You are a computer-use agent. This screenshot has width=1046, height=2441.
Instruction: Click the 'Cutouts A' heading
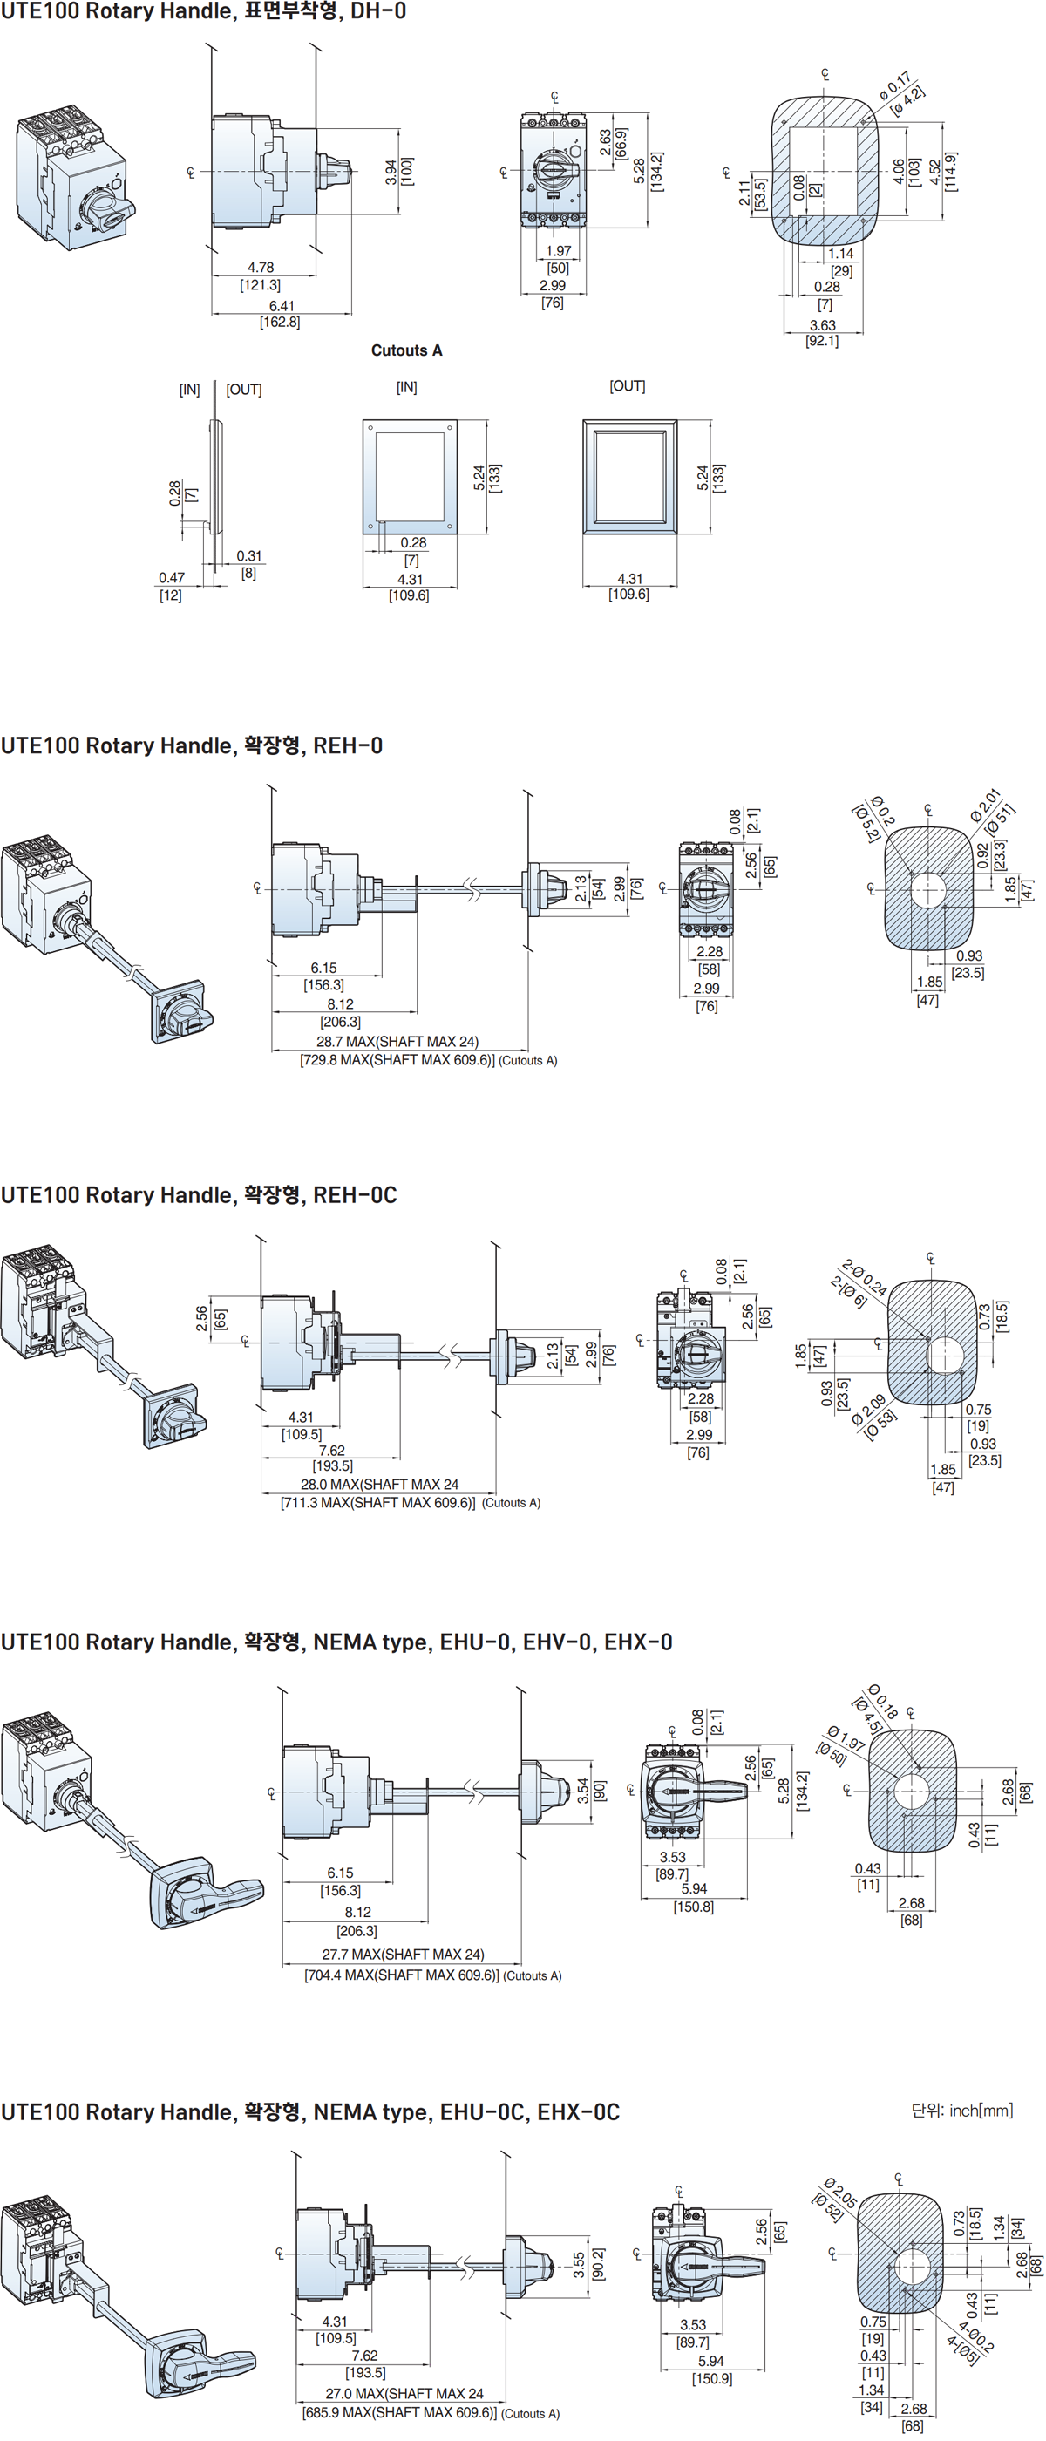coord(406,350)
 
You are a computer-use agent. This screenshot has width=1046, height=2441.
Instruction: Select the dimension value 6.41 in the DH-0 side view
coord(282,306)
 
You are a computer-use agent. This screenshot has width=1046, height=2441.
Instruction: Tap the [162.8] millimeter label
coord(280,323)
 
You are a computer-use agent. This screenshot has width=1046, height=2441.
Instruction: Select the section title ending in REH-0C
coord(199,1195)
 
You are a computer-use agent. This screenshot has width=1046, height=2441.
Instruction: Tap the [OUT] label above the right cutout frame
coord(628,385)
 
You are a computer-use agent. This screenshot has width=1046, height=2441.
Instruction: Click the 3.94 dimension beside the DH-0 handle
coord(391,172)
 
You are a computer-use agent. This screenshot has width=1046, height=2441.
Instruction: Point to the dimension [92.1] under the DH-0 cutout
coord(821,340)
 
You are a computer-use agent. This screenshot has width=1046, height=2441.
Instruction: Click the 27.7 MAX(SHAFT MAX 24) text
coord(403,1954)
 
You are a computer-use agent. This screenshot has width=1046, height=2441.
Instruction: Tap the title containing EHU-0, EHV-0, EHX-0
coord(336,1642)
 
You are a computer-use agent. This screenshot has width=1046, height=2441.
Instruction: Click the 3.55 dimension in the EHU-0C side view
coord(578,2265)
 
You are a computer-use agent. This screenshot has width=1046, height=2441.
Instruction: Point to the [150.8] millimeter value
coord(694,1907)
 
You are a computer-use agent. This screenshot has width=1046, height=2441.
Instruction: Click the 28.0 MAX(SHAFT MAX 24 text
coord(379,1484)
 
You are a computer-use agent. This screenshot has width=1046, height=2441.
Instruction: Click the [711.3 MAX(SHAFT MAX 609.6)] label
coord(378,1502)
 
